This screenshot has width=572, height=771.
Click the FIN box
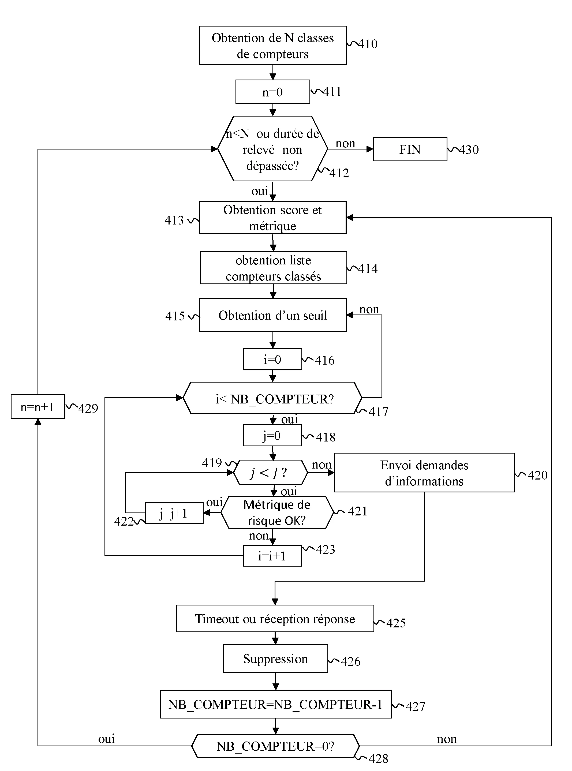(x=410, y=149)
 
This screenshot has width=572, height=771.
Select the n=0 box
(x=272, y=92)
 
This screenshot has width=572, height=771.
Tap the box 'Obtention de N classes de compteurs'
(x=272, y=45)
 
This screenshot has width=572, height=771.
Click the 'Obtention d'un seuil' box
(x=272, y=315)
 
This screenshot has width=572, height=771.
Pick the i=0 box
(x=272, y=359)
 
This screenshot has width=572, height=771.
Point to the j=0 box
(x=272, y=436)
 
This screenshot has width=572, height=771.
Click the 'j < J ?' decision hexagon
(x=270, y=472)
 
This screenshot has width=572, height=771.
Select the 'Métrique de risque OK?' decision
(x=277, y=512)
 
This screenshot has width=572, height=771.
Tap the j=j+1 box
(x=174, y=513)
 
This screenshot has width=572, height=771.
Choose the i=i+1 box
(x=272, y=556)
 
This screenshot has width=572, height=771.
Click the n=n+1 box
(x=38, y=406)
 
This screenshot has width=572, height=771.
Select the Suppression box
(x=275, y=658)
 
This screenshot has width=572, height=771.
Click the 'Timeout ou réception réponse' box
(x=275, y=619)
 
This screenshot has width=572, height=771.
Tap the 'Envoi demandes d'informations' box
(x=424, y=473)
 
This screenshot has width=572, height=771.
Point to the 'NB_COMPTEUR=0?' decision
(x=275, y=746)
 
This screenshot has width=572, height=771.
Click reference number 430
(x=469, y=150)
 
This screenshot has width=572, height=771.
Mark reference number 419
(x=212, y=463)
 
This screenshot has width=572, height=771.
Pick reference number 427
(x=415, y=706)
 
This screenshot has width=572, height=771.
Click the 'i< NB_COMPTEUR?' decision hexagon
(x=272, y=398)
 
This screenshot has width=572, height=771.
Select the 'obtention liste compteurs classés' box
(x=273, y=268)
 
